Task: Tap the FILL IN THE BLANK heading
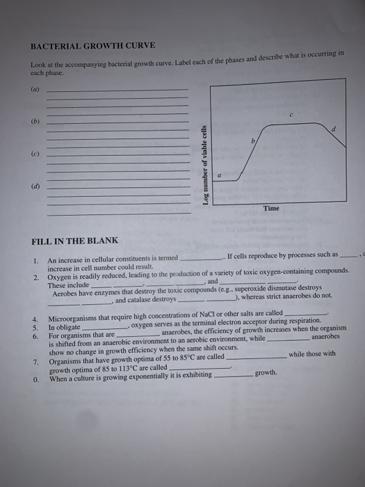[x=74, y=241]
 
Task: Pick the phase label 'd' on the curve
[x=334, y=129]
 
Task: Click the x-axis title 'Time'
[x=271, y=209]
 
